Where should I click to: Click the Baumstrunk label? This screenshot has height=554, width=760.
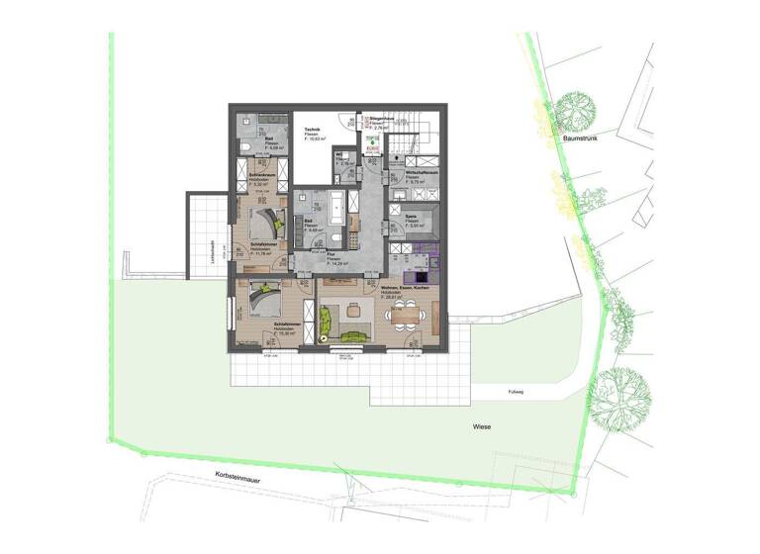575,140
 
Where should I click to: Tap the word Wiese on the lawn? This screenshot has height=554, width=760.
482,427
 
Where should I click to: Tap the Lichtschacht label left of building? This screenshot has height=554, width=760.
214,253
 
